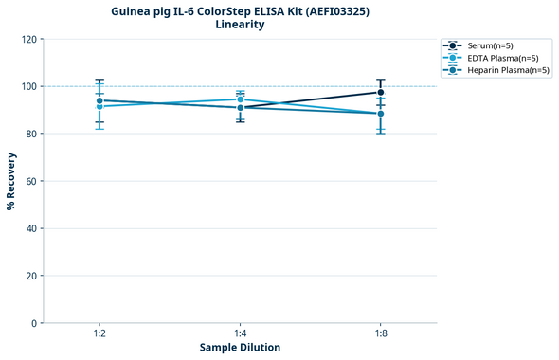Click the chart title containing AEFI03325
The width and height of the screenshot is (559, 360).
(240, 10)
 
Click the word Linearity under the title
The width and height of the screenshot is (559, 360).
(240, 25)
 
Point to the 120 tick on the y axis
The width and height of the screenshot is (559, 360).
(30, 40)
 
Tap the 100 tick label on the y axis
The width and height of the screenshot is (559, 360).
(30, 87)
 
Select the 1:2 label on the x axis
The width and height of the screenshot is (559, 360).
(99, 334)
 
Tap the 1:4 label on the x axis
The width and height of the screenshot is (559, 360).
(240, 334)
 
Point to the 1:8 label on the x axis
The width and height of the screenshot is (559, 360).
(381, 334)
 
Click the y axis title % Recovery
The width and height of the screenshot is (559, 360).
(11, 181)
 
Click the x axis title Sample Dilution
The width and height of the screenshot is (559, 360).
(240, 348)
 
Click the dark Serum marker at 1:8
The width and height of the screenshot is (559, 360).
(381, 92)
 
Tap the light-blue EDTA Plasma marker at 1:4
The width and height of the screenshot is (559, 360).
(240, 99)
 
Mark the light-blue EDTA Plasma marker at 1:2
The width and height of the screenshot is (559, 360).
(99, 106)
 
